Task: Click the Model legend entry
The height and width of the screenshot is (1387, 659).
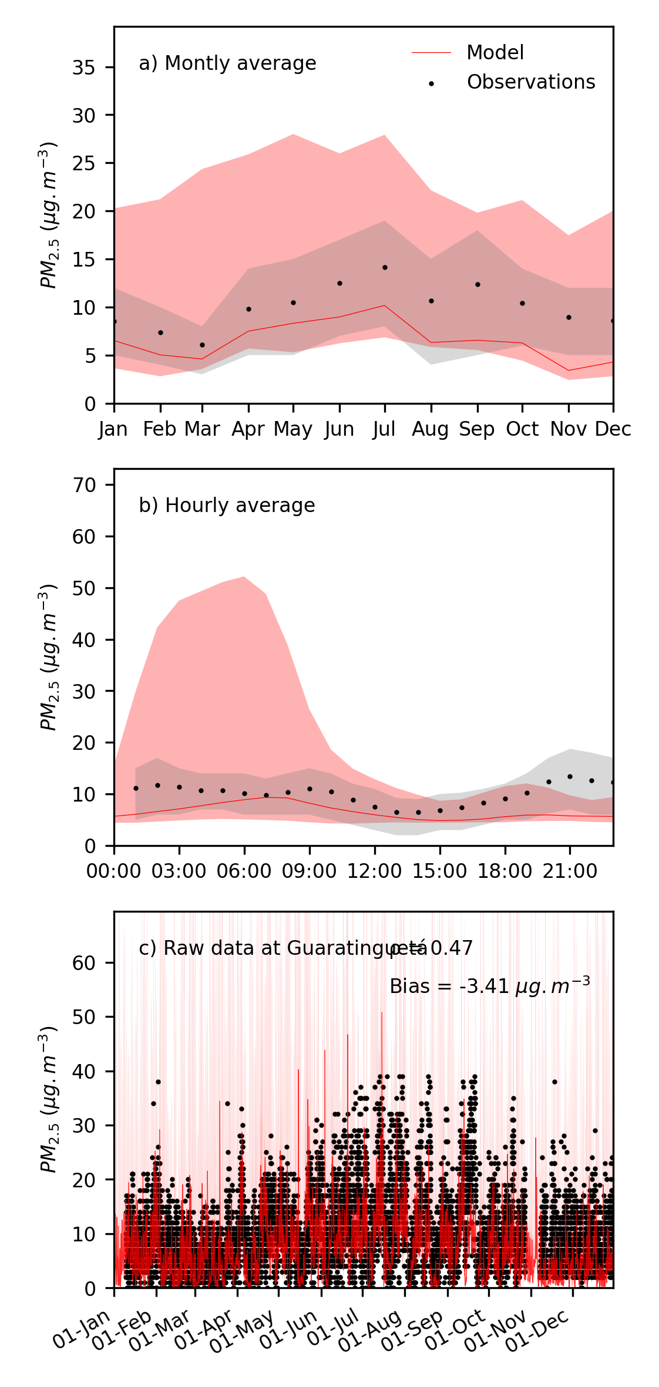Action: coord(495,53)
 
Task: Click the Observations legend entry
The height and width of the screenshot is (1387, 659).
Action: coord(530,82)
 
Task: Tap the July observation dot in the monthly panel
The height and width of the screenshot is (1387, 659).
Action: coord(385,268)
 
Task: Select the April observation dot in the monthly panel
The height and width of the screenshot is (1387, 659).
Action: coord(248,309)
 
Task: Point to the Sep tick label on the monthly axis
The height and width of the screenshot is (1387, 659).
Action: coord(477,429)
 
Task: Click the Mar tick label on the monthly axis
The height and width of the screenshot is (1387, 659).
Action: coord(202,429)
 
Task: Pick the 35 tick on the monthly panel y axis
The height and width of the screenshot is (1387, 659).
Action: coord(83,68)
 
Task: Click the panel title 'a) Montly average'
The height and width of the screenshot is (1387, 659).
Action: coord(227,63)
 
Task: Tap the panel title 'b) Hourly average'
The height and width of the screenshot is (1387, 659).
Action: coord(227,506)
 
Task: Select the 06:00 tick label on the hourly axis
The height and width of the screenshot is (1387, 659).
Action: coord(244,871)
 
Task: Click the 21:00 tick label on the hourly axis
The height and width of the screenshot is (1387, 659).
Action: coord(569,871)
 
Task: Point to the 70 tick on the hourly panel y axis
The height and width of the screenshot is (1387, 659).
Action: coord(83,485)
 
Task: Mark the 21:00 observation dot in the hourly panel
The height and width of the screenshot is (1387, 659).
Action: coord(570,776)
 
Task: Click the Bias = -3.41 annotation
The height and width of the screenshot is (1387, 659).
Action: coord(489,987)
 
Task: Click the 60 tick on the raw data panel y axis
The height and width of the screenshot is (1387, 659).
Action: coord(83,963)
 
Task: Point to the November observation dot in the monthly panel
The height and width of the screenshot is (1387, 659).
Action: coord(569,318)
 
